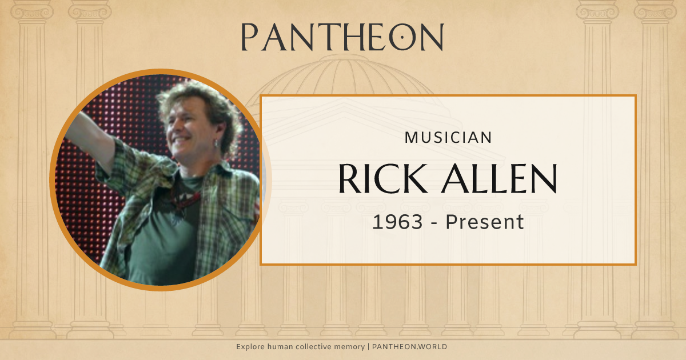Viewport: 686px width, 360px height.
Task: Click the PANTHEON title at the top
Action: point(342,37)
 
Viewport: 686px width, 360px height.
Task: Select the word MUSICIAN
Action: point(448,137)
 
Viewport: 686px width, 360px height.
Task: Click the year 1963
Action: point(398,222)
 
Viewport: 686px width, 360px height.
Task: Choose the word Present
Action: point(485,222)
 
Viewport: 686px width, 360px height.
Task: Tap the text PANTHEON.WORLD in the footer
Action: point(409,347)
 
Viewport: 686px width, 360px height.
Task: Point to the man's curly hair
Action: point(189,100)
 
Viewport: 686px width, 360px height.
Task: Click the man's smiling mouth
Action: point(182,141)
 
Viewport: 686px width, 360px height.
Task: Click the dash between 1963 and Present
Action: point(435,222)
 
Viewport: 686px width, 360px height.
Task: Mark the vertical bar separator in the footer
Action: point(369,347)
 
